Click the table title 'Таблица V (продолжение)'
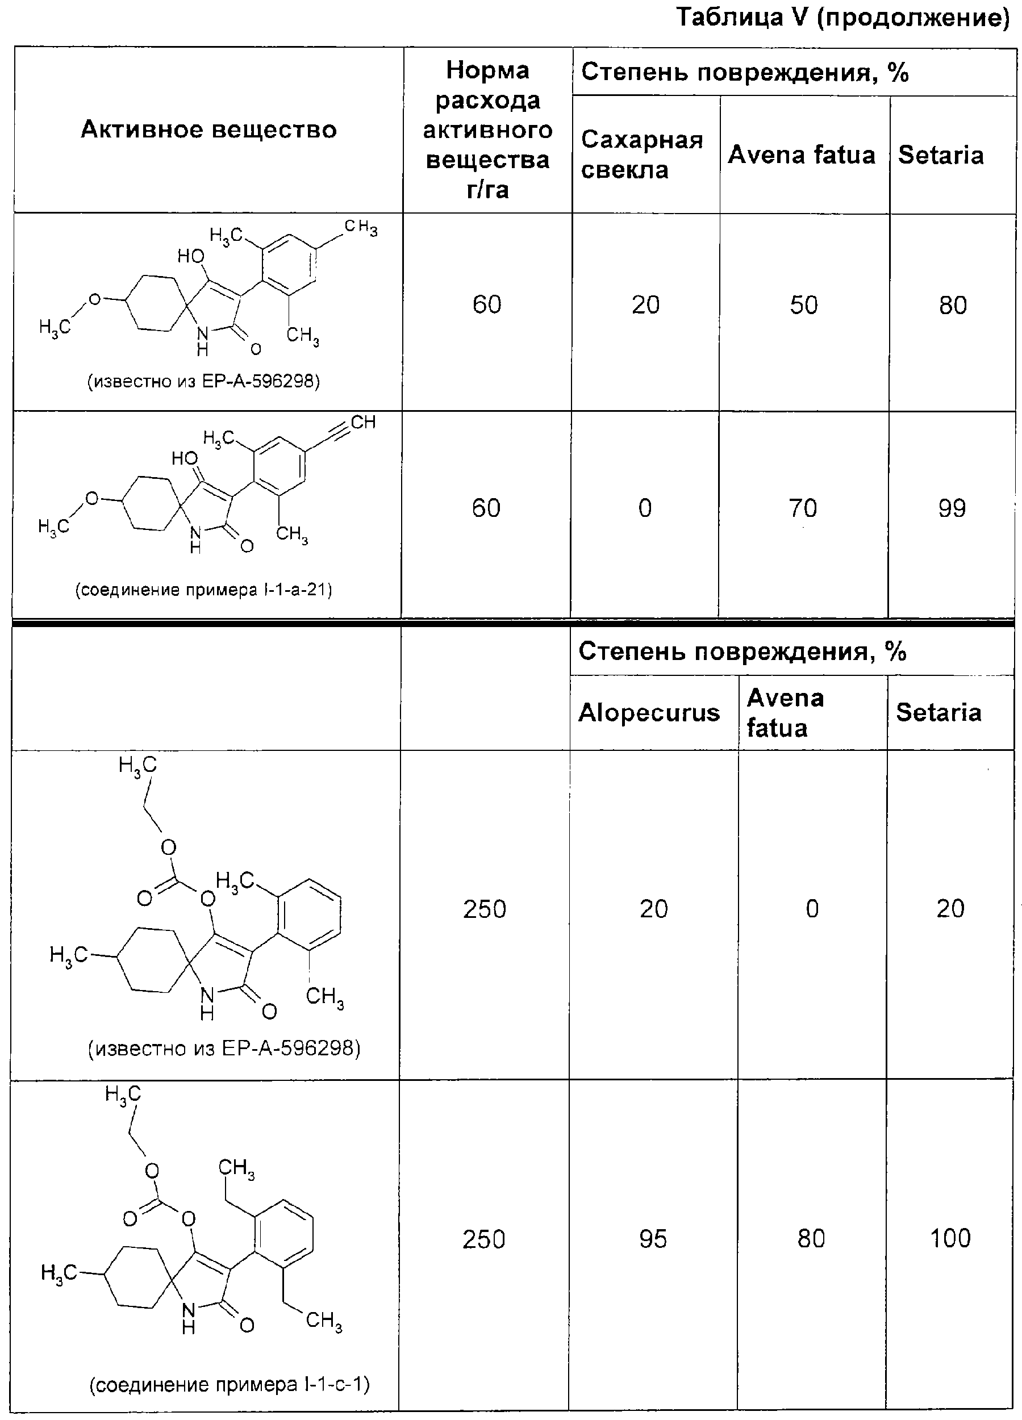(x=843, y=18)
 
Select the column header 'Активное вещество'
(x=208, y=130)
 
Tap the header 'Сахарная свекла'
(x=642, y=154)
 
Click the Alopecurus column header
(x=649, y=712)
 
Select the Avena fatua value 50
(x=803, y=305)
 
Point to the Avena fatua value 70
(x=803, y=508)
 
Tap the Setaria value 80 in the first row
(x=953, y=305)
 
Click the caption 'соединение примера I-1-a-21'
(x=203, y=590)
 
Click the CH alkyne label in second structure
(x=363, y=422)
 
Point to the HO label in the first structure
(x=190, y=256)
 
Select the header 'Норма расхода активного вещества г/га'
(x=487, y=130)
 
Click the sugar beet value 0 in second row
(x=645, y=508)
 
